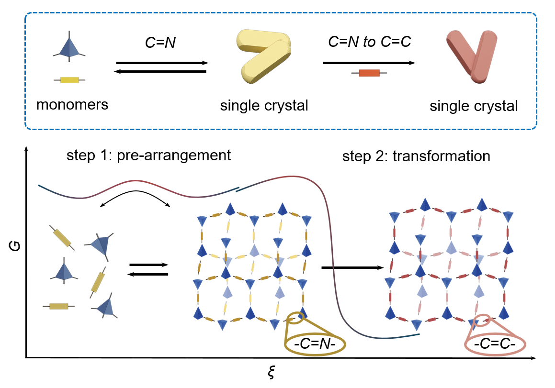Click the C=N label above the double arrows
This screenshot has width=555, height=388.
click(161, 43)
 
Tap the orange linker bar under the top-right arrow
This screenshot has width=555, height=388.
click(369, 73)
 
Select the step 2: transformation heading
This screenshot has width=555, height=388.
click(416, 156)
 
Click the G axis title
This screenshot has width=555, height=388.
click(12, 247)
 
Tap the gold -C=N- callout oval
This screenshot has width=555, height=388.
click(315, 344)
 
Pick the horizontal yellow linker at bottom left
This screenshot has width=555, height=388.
click(58, 306)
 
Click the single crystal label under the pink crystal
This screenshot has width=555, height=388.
click(474, 105)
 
